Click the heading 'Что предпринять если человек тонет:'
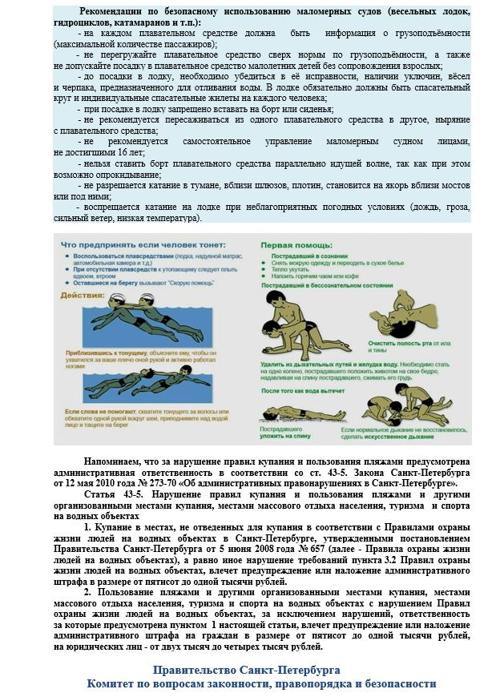tap(144, 244)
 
